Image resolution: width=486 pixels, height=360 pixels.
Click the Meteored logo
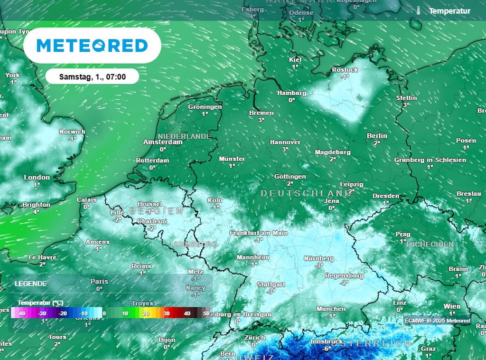[92, 46]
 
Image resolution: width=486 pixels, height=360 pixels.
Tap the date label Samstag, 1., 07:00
[92, 76]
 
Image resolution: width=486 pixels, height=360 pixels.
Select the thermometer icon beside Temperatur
[418, 10]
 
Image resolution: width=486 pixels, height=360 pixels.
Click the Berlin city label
[377, 136]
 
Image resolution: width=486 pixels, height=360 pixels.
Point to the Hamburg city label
[291, 93]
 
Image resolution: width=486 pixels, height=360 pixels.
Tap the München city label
[331, 309]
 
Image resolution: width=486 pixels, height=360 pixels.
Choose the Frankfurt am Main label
[259, 233]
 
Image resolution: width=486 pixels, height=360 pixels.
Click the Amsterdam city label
[163, 142]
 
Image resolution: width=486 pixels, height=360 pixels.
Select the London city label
[37, 178]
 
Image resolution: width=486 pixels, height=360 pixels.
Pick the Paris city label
[99, 281]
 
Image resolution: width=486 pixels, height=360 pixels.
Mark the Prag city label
[402, 234]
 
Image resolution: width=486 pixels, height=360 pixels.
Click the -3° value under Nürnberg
[319, 265]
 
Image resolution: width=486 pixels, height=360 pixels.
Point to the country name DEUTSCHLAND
[306, 193]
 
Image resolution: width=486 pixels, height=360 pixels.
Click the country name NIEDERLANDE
[184, 136]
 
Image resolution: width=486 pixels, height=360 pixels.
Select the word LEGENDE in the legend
[30, 284]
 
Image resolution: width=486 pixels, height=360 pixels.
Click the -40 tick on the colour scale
[21, 313]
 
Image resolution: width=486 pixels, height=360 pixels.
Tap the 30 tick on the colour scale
[167, 313]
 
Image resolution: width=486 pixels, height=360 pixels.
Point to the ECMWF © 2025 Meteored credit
[437, 321]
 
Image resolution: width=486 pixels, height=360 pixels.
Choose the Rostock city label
[345, 70]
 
